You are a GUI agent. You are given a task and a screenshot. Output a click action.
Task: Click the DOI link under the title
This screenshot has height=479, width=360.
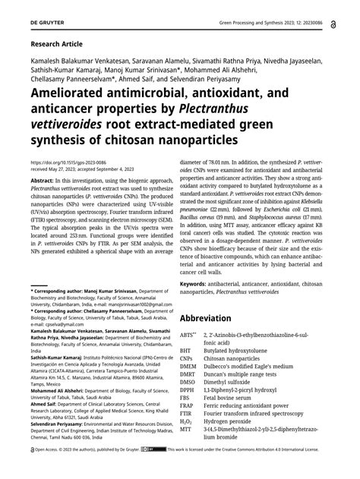68,162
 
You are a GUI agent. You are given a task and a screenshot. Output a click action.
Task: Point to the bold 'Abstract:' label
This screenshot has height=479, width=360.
44,181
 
